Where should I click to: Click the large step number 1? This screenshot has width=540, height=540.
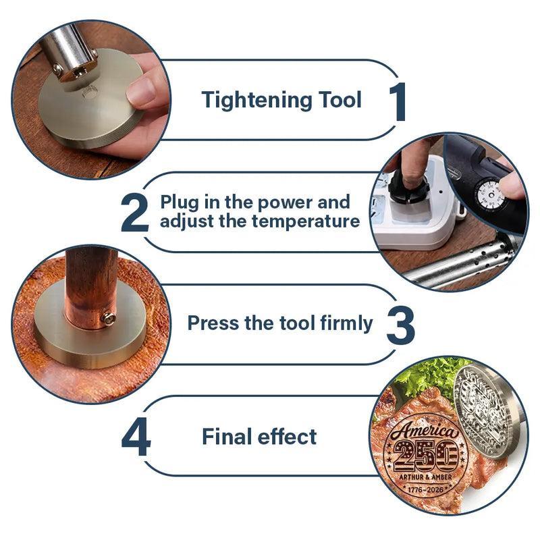pos(398,102)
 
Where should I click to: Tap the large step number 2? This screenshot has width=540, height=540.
pos(135,213)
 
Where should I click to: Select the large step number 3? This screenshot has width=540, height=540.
pos(400,325)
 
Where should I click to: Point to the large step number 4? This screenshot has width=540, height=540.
pos(136,436)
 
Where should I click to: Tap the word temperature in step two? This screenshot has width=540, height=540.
pos(306,221)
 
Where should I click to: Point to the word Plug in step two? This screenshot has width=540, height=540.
pos(180,202)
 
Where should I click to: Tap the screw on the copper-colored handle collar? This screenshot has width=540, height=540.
pos(109,318)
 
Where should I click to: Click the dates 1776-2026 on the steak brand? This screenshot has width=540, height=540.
pos(425,489)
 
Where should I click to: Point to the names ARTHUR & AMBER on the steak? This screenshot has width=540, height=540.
pos(425,477)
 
